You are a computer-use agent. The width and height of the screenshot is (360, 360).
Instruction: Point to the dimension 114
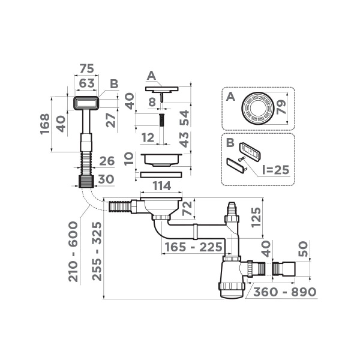pyautogui.click(x=161, y=187)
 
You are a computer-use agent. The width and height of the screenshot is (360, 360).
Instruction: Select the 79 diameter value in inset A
pyautogui.click(x=282, y=109)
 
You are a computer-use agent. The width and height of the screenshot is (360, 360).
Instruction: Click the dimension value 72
pyautogui.click(x=187, y=209)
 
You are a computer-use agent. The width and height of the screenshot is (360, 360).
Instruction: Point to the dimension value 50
pyautogui.click(x=304, y=248)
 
